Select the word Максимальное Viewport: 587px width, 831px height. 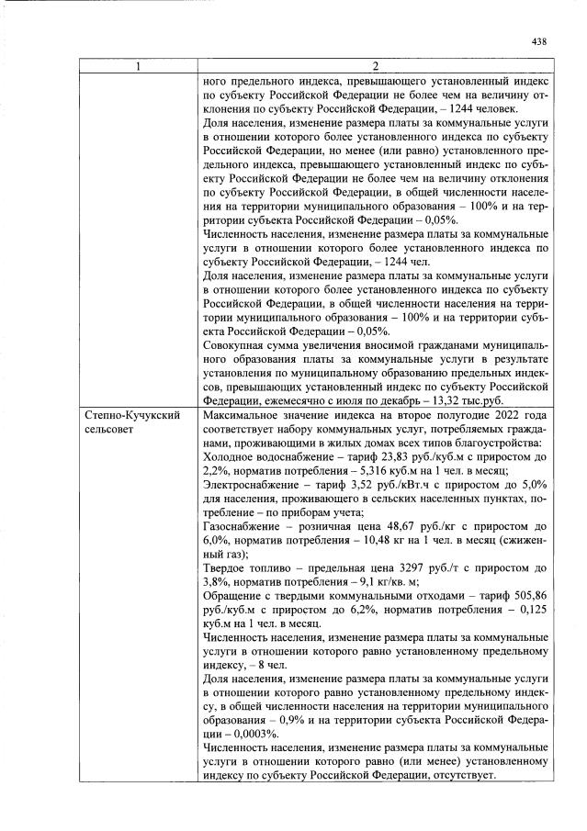[243, 416]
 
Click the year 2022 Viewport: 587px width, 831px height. [506, 416]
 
